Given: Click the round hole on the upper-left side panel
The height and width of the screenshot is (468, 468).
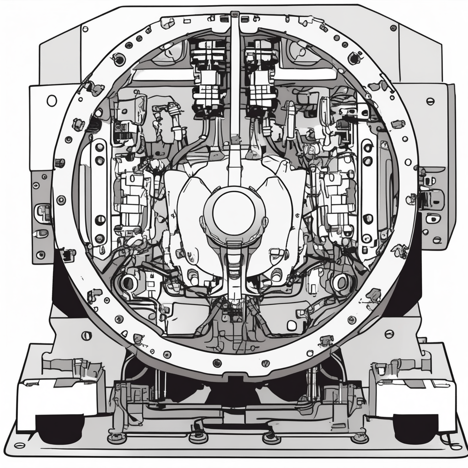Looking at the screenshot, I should pos(52,101).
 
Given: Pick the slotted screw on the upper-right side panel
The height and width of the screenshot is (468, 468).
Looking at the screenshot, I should pos(430,101).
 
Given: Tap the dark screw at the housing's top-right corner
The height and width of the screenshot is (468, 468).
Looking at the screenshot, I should pos(393,28).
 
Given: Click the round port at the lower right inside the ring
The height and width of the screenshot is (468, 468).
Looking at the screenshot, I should pos(340,282).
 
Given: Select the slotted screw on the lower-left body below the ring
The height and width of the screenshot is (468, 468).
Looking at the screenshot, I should pos(86,336).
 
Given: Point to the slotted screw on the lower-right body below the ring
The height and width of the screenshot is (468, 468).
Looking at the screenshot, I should pos(389,334).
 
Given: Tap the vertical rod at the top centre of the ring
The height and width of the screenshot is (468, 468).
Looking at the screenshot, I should pos(234,78).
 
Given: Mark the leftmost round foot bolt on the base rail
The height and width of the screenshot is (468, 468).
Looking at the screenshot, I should pos(117,438).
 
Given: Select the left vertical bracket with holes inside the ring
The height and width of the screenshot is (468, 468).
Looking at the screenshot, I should pos(100,192).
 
